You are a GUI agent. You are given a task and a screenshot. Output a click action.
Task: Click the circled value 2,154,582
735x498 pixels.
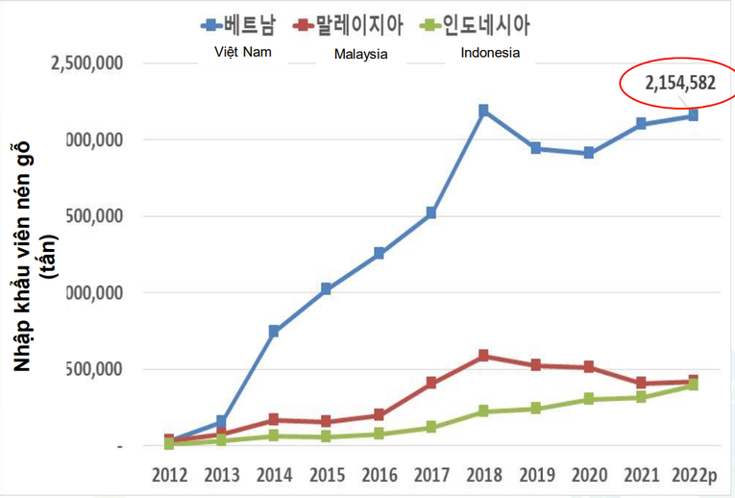[680, 83]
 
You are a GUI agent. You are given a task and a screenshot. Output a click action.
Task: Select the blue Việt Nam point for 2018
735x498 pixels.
[483, 111]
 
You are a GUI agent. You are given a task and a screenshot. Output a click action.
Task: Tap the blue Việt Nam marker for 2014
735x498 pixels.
[274, 331]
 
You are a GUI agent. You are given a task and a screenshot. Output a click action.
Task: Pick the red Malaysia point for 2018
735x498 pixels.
[483, 356]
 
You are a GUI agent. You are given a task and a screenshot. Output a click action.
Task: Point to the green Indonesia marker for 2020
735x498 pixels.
[588, 399]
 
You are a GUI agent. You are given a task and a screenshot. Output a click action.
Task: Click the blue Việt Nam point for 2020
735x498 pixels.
[588, 153]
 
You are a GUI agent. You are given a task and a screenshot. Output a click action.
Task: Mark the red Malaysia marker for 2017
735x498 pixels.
[431, 383]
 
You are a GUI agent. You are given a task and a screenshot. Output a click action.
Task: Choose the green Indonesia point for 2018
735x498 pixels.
[483, 411]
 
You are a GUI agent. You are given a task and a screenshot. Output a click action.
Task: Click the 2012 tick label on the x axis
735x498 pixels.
[169, 474]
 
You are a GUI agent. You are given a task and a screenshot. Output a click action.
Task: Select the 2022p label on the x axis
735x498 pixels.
[693, 474]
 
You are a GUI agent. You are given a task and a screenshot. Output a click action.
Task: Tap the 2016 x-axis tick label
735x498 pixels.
[379, 474]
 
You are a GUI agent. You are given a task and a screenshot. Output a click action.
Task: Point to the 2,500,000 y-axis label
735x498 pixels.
[86, 63]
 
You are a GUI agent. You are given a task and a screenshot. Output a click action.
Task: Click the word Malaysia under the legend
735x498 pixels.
[360, 54]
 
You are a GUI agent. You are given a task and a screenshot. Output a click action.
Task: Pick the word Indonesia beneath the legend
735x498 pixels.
[490, 53]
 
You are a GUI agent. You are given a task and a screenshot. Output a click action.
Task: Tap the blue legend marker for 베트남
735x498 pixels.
[209, 23]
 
